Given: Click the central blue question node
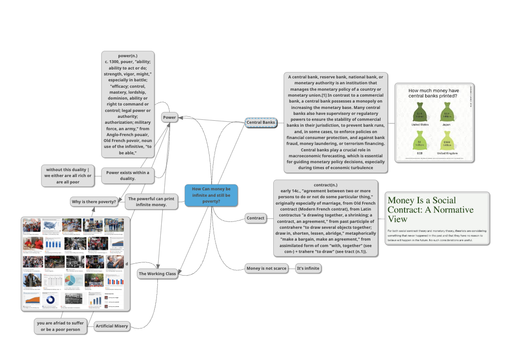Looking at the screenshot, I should pos(211,195).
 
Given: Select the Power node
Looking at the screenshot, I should pos(169,117).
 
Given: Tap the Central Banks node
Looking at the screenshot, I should pos(261,122).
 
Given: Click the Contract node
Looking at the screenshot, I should pos(256,218).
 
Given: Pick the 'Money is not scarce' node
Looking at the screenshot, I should pos(266,268).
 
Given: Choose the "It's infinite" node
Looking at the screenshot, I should pos(308,268).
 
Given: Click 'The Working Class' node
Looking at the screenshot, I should pos(157,274).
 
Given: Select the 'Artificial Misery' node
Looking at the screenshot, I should pos(111,326).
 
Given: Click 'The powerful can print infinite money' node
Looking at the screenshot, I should pos(151,202).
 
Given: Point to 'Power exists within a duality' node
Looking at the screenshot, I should pos(128,176).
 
